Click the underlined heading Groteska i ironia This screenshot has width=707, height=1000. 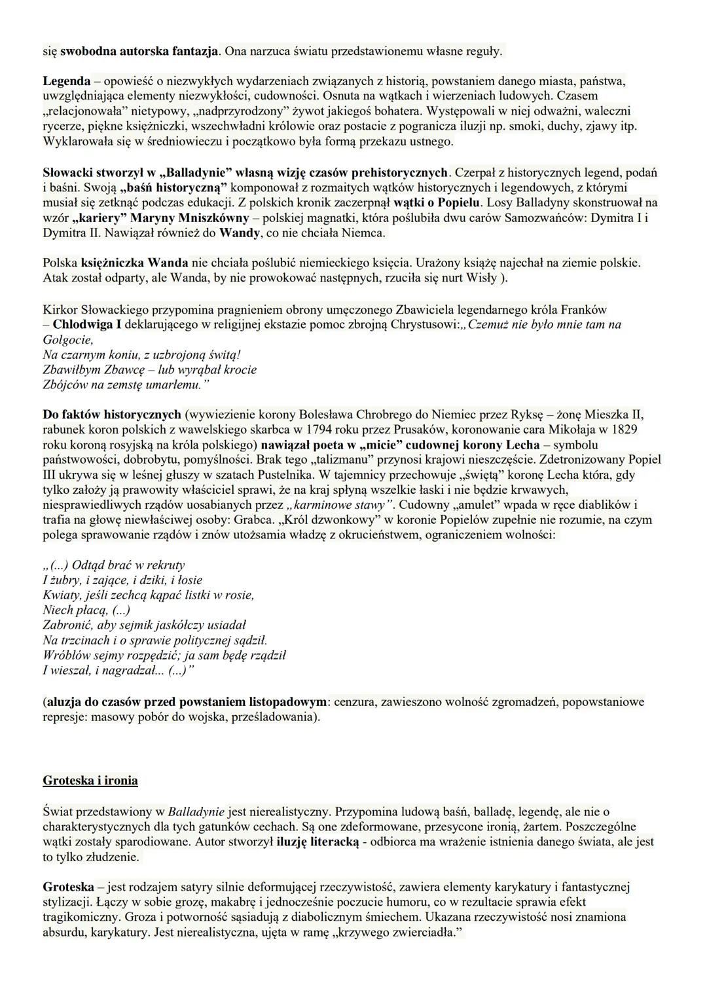tap(90, 781)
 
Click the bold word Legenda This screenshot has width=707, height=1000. tap(66, 82)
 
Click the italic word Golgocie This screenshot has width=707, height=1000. tap(67, 340)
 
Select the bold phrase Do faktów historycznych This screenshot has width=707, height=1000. tap(111, 415)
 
